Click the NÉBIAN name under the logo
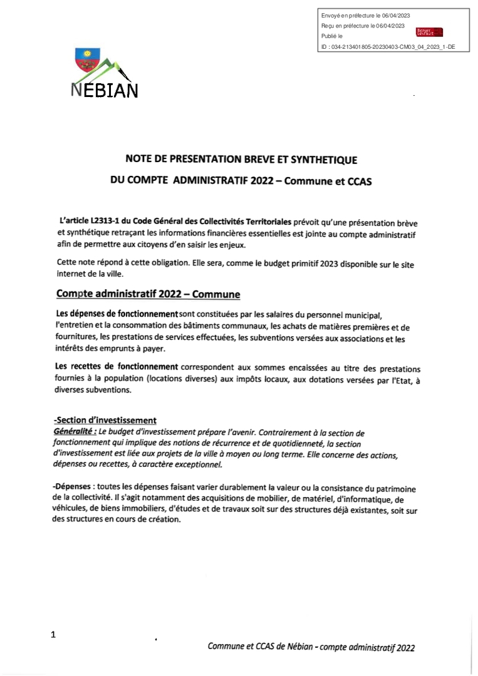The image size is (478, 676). tap(104, 90)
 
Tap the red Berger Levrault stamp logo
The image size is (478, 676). tap(429, 32)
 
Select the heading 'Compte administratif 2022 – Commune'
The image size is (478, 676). tap(148, 294)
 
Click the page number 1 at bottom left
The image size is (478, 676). tap(53, 635)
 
